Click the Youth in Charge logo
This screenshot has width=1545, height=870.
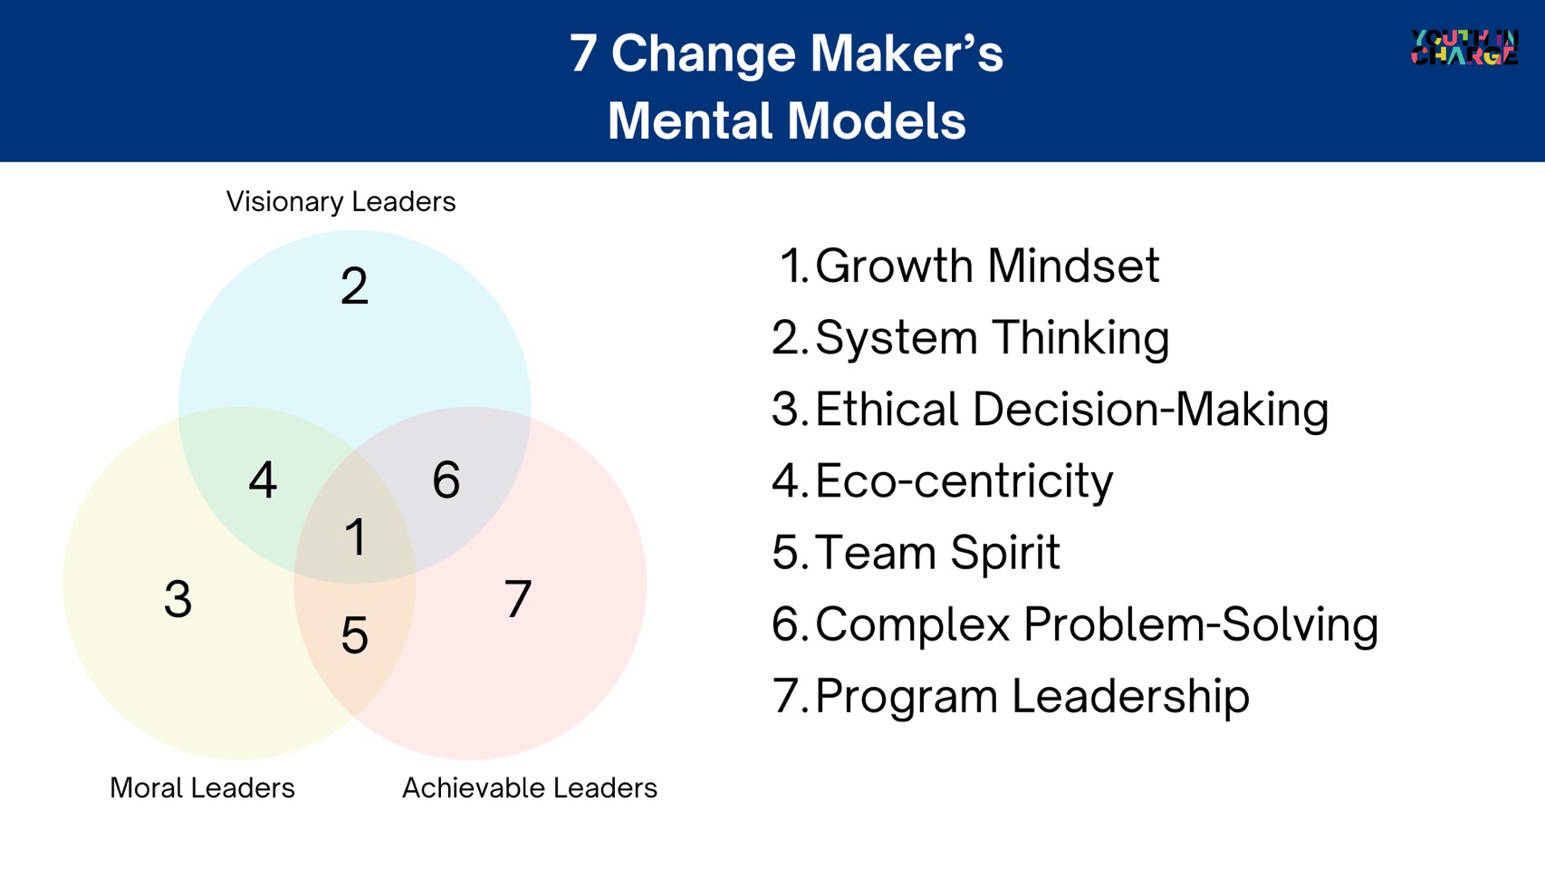(x=1464, y=47)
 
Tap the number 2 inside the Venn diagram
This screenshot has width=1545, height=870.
(x=354, y=285)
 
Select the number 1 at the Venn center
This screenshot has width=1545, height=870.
(x=355, y=536)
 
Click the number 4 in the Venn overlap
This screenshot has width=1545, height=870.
(x=263, y=479)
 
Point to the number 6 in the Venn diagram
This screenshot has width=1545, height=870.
(x=446, y=479)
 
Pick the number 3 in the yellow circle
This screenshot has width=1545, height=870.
(x=178, y=598)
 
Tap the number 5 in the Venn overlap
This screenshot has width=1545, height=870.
(x=355, y=635)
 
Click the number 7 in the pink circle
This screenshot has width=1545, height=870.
(x=518, y=598)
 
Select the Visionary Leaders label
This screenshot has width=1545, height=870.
(x=341, y=201)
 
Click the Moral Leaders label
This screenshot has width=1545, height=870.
(x=202, y=788)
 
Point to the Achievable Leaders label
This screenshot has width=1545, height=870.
(x=530, y=788)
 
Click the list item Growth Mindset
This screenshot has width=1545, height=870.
(x=987, y=266)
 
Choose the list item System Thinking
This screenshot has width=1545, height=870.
(x=992, y=338)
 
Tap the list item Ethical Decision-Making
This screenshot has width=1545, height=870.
(x=1072, y=410)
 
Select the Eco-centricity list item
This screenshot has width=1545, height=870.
(x=964, y=480)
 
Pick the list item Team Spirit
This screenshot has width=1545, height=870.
(x=937, y=553)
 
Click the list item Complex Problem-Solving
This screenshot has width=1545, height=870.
(x=1097, y=625)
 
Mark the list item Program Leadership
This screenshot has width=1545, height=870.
(x=1032, y=696)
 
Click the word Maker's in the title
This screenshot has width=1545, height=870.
(x=907, y=53)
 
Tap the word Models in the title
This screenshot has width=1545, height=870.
(x=876, y=121)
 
